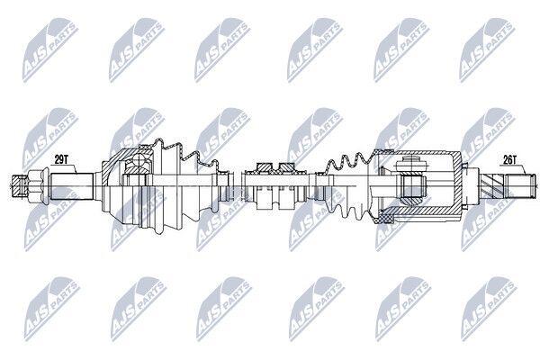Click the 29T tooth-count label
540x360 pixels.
pyautogui.click(x=61, y=159)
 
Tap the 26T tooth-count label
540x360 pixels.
pyautogui.click(x=509, y=159)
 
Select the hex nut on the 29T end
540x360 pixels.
pyautogui.click(x=34, y=186)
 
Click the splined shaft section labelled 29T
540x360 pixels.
pyautogui.click(x=72, y=186)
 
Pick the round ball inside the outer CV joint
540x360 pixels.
pyautogui.click(x=139, y=160)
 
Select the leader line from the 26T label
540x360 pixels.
pyautogui.click(x=521, y=169)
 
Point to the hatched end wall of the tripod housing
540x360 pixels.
pyautogui.click(x=457, y=186)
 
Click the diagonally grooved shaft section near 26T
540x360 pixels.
pyautogui.click(x=491, y=186)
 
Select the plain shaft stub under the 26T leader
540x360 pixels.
pyautogui.click(x=520, y=186)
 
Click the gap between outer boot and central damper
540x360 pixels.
pyautogui.click(x=236, y=186)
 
